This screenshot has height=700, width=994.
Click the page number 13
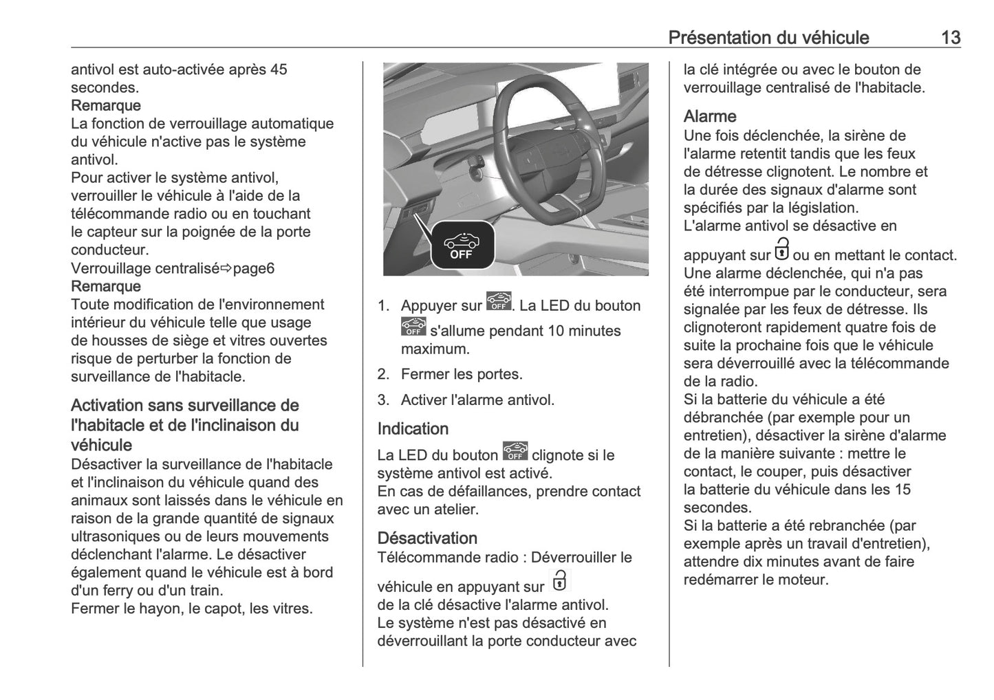pos(950,37)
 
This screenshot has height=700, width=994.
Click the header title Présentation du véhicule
pos(768,37)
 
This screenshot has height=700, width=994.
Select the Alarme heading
pos(709,116)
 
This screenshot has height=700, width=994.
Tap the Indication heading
pos(413,428)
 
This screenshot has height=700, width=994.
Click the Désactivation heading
pos(427,538)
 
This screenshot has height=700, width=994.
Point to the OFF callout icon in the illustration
pos(462,245)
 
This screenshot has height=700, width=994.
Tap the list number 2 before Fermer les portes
pos(383,374)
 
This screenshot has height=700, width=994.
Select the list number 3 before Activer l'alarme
pos(383,400)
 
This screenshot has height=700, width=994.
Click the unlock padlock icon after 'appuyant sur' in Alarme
pos(782,248)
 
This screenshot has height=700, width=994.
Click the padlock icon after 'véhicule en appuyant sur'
pos(560,580)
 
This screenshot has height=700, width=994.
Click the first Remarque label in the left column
pos(106,105)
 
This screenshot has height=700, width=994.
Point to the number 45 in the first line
pos(279,69)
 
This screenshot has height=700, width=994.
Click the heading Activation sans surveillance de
pos(185,406)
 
